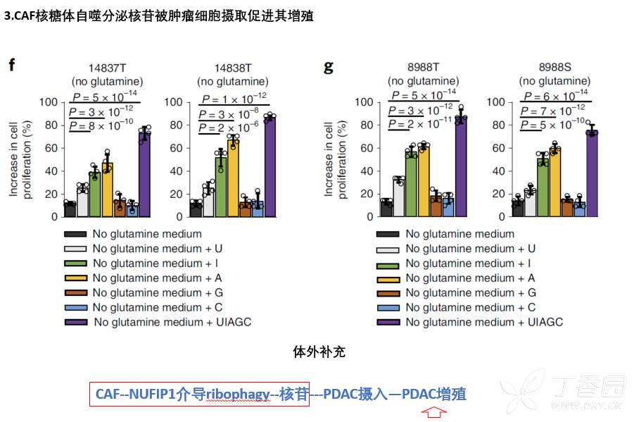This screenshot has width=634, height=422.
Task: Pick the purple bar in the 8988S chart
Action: pos(592,173)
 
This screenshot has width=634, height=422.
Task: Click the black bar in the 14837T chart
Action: pos(70,209)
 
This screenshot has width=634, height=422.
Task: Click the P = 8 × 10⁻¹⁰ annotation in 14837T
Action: pos(103,125)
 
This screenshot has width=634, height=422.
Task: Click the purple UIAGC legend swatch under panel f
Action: pos(76,322)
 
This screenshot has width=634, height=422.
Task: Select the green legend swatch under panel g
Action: pos(388,263)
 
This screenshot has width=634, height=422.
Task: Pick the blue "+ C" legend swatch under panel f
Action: pos(76,307)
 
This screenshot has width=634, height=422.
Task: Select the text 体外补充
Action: pos(319,352)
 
